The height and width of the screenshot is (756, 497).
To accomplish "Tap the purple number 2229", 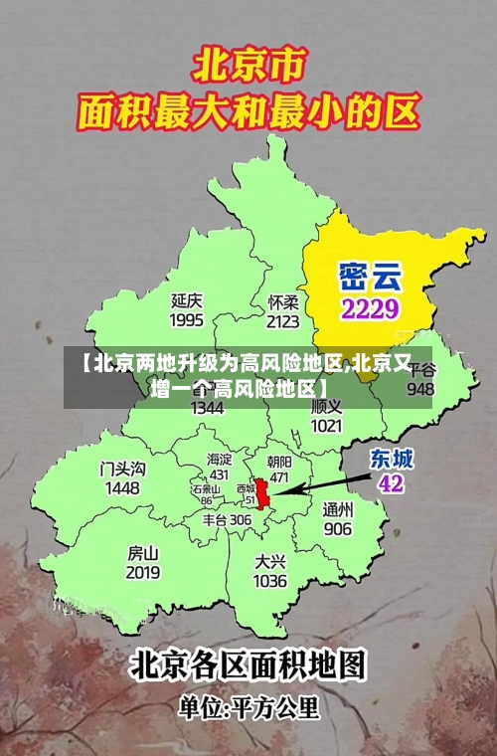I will coord(370,307).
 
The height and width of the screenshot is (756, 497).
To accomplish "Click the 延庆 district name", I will coord(187,299).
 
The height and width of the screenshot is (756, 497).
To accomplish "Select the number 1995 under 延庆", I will coord(187,320).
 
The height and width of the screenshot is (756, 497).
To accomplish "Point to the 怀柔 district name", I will coord(283,301).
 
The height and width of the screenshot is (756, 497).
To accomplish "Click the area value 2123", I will coord(283,321).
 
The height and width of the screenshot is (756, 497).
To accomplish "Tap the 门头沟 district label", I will coord(122,468).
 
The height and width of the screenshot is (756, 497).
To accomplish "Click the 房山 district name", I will coord(143,552).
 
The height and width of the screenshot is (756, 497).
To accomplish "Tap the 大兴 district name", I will coord(270,561).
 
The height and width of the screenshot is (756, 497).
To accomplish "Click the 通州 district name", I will coord(338,508).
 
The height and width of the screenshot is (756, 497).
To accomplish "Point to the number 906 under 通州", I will coord(338,528).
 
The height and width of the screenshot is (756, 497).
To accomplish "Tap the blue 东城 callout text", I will coord(392,459).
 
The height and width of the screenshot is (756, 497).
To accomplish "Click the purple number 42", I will coord(392,483).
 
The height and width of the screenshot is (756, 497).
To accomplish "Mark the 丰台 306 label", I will coord(227,519).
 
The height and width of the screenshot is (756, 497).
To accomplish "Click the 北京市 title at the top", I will coord(248,68).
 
